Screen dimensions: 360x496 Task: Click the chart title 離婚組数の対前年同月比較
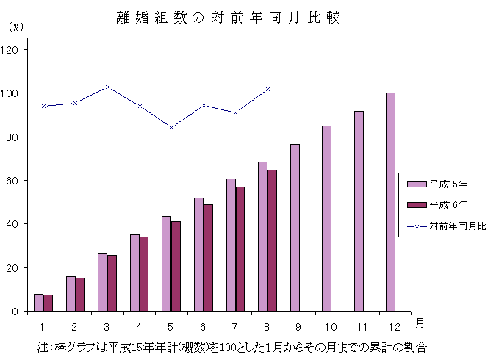[229, 18]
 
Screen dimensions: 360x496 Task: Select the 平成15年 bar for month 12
[390, 202]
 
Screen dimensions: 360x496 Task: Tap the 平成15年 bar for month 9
[295, 228]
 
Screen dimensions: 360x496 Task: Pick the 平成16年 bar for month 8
[272, 240]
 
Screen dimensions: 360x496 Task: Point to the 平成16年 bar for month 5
[176, 266]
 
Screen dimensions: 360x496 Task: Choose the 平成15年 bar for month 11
[359, 211]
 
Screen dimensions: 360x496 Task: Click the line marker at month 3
[107, 87]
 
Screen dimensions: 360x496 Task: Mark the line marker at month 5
[171, 127]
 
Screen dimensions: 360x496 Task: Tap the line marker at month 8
[267, 89]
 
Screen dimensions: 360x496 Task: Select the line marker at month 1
[43, 106]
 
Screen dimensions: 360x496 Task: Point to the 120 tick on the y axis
[15, 50]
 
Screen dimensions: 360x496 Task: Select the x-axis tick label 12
[395, 325]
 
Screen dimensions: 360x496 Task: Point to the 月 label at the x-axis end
[419, 323]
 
